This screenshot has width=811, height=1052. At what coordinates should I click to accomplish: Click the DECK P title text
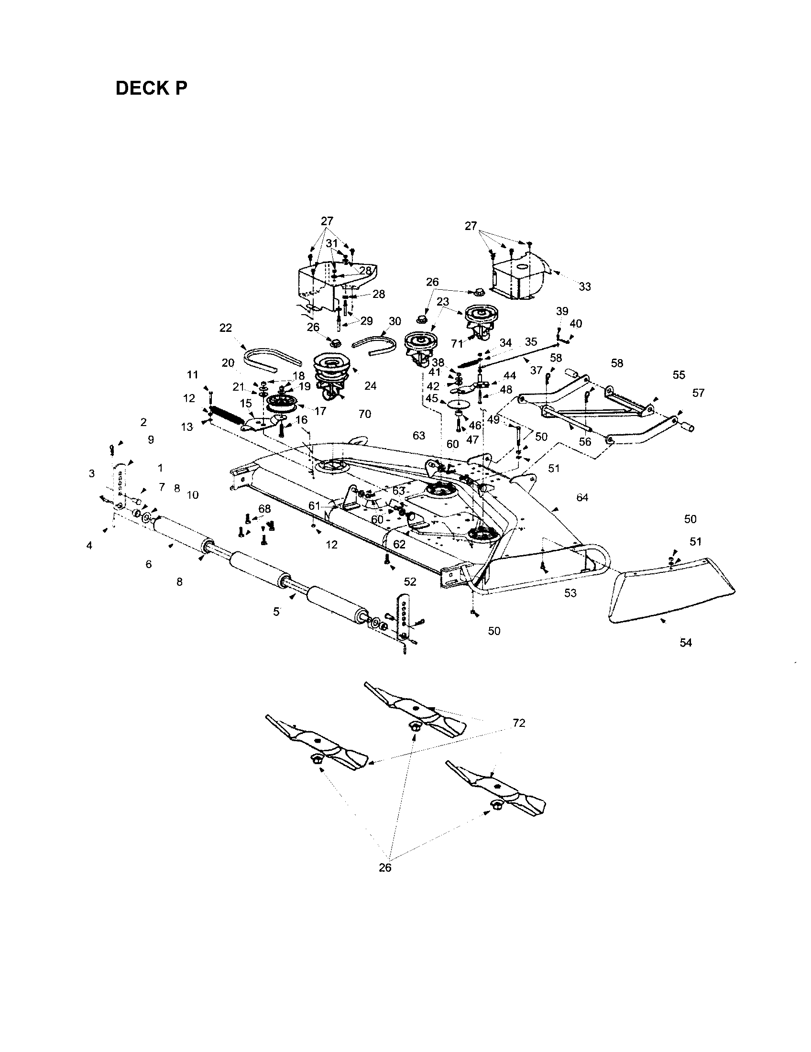pos(151,88)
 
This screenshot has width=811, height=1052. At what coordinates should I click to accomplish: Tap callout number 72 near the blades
pos(519,723)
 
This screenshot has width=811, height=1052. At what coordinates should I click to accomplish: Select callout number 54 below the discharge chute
pos(685,643)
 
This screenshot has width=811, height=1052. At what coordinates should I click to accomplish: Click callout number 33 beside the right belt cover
pos(584,286)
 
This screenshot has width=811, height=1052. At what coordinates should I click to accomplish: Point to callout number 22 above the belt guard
pos(225,328)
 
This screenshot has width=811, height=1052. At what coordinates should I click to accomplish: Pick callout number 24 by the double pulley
pos(370,386)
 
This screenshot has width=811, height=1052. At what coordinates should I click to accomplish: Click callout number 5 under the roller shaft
pos(276,612)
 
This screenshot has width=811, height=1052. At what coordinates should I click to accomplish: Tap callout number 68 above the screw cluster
pos(264,509)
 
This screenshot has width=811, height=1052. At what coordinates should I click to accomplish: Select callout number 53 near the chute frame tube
pos(570,593)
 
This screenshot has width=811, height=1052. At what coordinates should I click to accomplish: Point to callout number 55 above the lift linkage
pos(679,374)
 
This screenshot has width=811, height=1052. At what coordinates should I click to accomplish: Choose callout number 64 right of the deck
pos(582,497)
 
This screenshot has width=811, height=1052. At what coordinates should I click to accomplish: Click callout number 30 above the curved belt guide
pos(395,321)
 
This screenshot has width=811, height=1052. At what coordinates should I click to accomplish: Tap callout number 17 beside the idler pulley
pos(320,411)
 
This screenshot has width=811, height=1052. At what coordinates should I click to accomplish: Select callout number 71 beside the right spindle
pos(457,343)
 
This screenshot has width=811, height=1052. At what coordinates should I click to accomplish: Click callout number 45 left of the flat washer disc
pos(431,398)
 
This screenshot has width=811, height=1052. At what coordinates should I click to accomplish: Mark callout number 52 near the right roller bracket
pos(410,581)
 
